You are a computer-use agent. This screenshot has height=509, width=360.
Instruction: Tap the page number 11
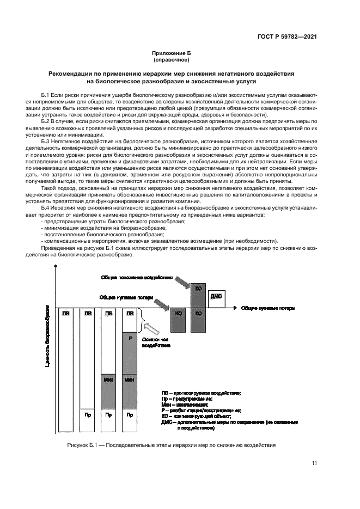point(314,463)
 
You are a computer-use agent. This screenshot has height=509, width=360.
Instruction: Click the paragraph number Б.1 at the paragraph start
point(46,94)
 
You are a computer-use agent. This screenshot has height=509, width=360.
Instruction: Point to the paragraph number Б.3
point(46,140)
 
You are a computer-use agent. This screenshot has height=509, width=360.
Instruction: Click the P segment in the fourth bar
point(130,338)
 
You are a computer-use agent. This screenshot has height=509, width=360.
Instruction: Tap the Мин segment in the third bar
point(108,379)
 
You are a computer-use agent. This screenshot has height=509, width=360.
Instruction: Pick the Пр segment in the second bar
point(87,415)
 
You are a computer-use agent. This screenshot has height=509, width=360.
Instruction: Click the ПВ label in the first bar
point(66,314)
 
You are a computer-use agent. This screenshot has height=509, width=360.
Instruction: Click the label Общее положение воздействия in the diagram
point(137,277)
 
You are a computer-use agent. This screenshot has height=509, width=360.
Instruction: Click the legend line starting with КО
point(198,416)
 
